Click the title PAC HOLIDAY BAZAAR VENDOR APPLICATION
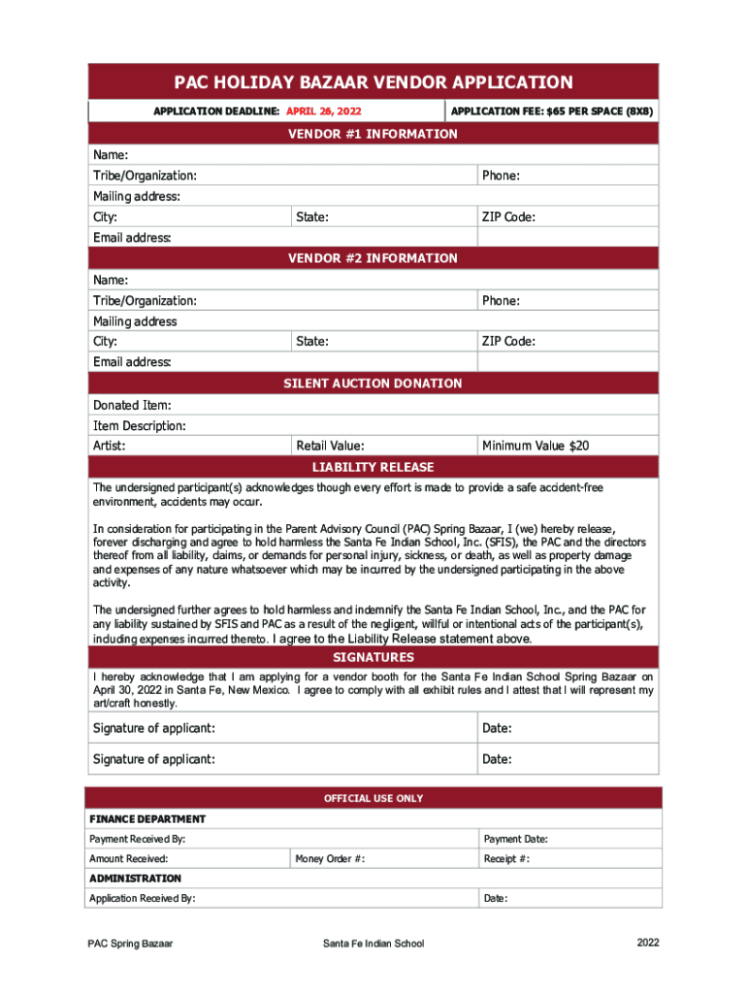[x=373, y=83]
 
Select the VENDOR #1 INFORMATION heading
[x=373, y=134]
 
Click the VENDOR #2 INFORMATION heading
[x=373, y=258]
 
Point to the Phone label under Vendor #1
[x=501, y=176]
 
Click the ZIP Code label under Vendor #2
[x=508, y=342]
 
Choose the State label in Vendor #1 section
[x=312, y=217]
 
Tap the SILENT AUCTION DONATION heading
[x=373, y=383]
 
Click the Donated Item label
[x=132, y=405]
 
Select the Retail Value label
[x=331, y=447]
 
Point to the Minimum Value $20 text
[x=535, y=447]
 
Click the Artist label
[x=110, y=447]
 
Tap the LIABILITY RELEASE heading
[x=373, y=468]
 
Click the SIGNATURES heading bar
[x=373, y=658]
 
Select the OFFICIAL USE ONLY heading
[x=373, y=798]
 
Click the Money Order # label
[x=331, y=859]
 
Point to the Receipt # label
[x=506, y=859]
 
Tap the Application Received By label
[x=143, y=899]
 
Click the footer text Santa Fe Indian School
[x=373, y=944]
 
